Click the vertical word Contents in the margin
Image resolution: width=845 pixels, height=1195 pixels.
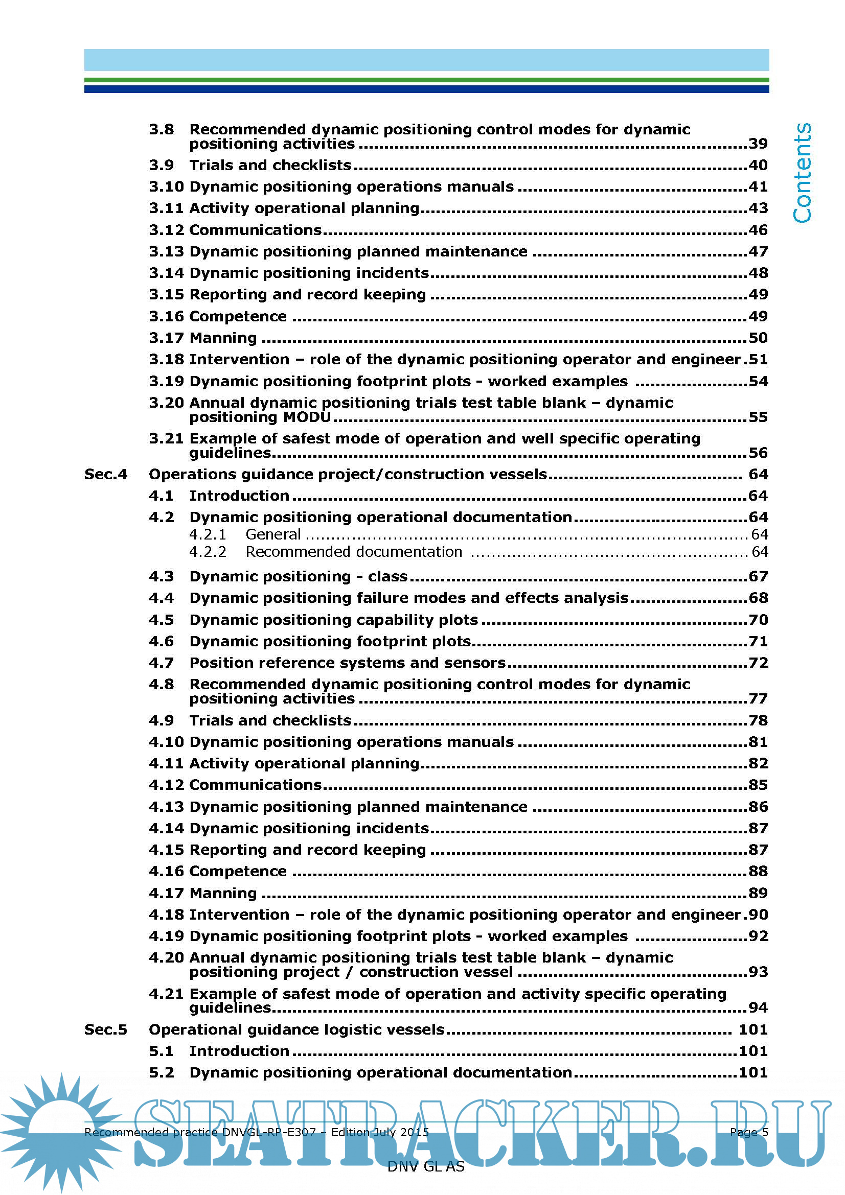click(802, 173)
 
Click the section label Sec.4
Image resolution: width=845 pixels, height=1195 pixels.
click(106, 474)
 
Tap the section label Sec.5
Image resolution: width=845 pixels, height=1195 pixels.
click(106, 1029)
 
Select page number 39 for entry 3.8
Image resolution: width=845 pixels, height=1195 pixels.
click(758, 144)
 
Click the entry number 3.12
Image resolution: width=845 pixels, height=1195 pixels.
click(166, 230)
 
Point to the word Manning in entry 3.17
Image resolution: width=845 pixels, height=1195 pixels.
click(223, 338)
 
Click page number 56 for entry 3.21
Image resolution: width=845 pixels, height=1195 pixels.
click(758, 453)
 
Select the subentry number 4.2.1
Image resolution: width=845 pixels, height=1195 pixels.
click(208, 534)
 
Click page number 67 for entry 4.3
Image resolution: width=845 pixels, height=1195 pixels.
click(758, 577)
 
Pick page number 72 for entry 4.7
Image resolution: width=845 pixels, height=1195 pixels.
click(758, 663)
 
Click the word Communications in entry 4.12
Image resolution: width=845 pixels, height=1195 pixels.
click(256, 785)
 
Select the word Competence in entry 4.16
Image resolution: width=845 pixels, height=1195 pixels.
click(238, 871)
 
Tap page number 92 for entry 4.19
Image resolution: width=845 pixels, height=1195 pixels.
click(758, 936)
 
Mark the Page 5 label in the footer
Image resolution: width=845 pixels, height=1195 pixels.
click(749, 1132)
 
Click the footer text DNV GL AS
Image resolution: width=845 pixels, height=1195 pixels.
click(426, 1166)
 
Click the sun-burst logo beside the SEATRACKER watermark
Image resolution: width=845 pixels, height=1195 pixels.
click(60, 1130)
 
